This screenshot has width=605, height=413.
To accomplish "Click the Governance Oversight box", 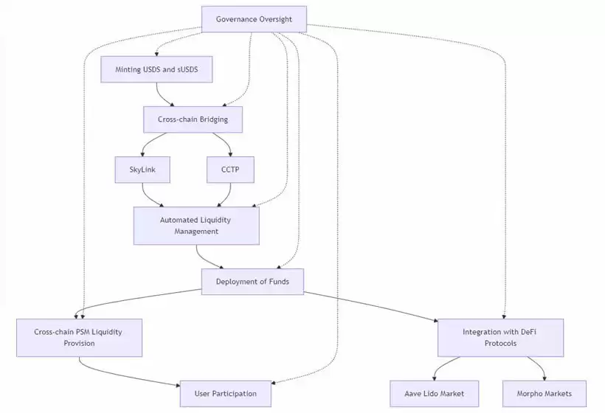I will coord(254,19).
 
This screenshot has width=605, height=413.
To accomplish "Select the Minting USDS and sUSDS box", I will coord(156,69).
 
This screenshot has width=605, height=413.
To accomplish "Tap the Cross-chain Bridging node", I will coord(192,119).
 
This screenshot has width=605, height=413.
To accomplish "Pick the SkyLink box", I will coord(142,170).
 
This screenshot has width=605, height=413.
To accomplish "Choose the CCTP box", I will coord(231,170).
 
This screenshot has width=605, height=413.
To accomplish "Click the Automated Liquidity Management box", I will coord(196,226).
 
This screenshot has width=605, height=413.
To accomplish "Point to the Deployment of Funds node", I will coord(252,282).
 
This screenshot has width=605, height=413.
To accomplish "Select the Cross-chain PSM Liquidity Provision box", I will coord(79,338).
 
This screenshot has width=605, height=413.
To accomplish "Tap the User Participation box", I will coord(225,394).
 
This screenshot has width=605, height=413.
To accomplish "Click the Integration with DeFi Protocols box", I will coord(500,338).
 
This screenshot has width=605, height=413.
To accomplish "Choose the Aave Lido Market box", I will coord(435,394).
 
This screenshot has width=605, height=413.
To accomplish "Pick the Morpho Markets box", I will coord(546,394).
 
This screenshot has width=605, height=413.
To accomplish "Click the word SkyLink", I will coord(142,170).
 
